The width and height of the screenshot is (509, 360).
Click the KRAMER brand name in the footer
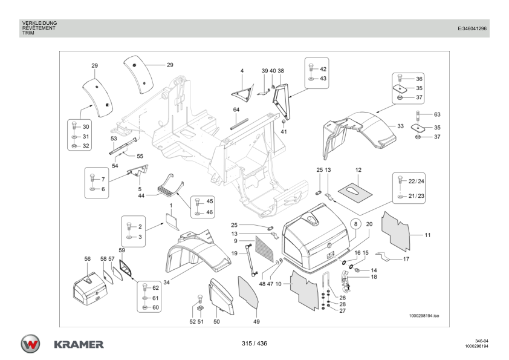pos(79,344)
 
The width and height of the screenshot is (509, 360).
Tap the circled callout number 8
pos(356,224)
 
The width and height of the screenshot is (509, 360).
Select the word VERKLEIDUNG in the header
pos(40,23)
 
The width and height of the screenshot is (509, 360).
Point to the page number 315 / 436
pos(254,343)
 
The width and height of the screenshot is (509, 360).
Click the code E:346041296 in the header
pos(472,28)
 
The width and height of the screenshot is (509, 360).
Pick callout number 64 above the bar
pos(236,110)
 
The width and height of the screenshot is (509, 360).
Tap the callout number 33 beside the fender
pos(400,126)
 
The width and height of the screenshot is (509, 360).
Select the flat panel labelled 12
pos(355,192)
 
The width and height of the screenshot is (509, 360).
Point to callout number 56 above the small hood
pos(87,258)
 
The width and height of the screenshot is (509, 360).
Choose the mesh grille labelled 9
pos(264,249)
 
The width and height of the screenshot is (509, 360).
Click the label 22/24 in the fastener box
pos(416,181)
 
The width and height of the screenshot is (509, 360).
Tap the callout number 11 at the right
pos(427,235)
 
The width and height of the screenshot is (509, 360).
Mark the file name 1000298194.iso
pos(424,315)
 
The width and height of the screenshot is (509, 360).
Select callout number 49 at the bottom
pos(256,321)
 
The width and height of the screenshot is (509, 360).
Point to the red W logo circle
pos(30,344)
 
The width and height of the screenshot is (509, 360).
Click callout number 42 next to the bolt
pos(323,69)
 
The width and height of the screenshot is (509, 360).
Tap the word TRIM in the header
pos(28,33)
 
